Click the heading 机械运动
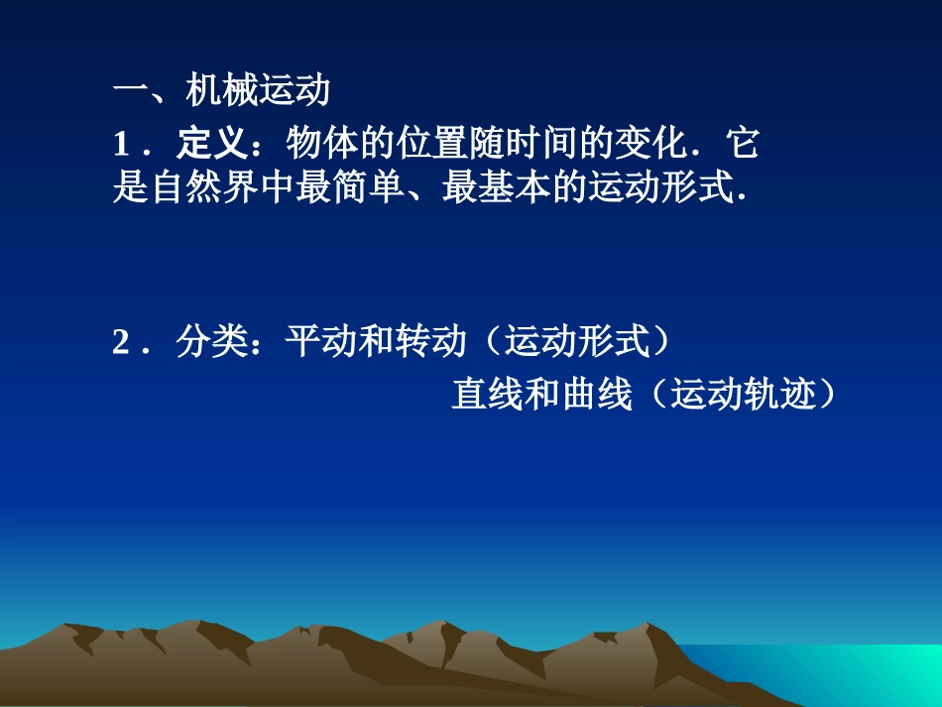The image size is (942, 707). [x=258, y=92]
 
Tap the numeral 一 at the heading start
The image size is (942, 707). [x=131, y=93]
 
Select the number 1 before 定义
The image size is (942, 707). [x=122, y=146]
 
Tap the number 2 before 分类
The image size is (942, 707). [x=122, y=343]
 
